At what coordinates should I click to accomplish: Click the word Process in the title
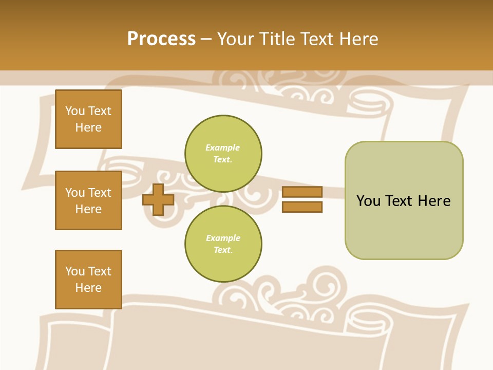coord(161,39)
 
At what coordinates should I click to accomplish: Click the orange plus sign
coord(158,199)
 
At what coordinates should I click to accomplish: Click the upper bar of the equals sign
coord(302,192)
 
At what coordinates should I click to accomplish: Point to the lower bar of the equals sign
coord(302,207)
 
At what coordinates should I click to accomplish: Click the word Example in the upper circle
coord(223,147)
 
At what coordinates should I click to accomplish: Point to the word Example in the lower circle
coord(223,238)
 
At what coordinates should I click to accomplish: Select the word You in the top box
coord(75,111)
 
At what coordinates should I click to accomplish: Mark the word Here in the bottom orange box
coord(88,288)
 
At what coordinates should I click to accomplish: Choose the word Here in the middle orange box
coord(88,209)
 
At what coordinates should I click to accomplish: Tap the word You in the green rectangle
coord(368,201)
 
